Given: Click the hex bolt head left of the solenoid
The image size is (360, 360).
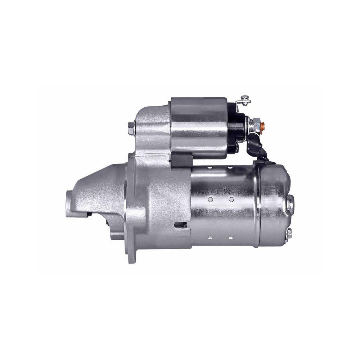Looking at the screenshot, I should coord(131,129).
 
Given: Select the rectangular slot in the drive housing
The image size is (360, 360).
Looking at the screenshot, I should coord(180,225).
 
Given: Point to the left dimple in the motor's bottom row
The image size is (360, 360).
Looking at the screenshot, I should coord(210,238).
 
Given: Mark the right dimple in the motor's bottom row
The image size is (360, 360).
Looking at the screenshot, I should coord(229,238).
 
